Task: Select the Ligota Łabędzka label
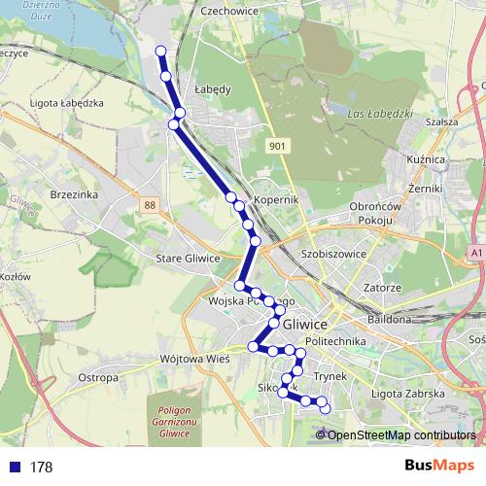pos(66,103)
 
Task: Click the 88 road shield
pos(148,205)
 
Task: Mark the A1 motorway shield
pos(475,253)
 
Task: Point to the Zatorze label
pos(382,288)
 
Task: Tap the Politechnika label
pos(335,342)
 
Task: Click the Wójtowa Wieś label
pos(195,359)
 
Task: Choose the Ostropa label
pos(98,376)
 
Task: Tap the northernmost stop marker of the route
pos(160,52)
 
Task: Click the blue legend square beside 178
pos(13,468)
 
